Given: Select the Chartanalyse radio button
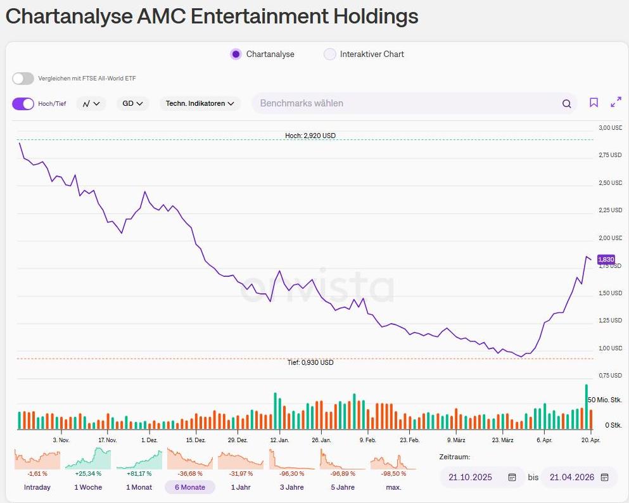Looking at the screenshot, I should point(236,54).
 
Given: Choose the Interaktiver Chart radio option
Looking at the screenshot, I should point(329,54).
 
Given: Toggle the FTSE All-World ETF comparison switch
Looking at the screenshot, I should point(23,79).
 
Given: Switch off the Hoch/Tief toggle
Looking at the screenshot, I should point(23,104).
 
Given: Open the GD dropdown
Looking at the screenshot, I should point(132,103).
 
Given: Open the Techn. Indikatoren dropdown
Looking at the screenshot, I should point(200,103).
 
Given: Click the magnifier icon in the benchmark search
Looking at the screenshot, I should point(566,104).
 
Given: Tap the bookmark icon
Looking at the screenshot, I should point(594,103).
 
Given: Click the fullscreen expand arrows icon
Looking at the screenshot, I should point(616,103).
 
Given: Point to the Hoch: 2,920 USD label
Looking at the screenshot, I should point(310,136).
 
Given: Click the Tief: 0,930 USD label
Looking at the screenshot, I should point(310,362).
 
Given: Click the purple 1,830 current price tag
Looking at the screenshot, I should point(606,259).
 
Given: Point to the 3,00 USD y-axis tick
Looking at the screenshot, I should point(611,128).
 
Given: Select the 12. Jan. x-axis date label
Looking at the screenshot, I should point(279,440).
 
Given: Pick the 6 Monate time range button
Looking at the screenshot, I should point(190,487).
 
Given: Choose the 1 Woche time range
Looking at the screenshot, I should point(88,487).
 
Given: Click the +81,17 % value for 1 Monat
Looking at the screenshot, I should point(140,474).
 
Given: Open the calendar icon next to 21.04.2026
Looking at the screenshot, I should point(604,477).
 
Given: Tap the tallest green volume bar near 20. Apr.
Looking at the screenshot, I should point(587,407).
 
